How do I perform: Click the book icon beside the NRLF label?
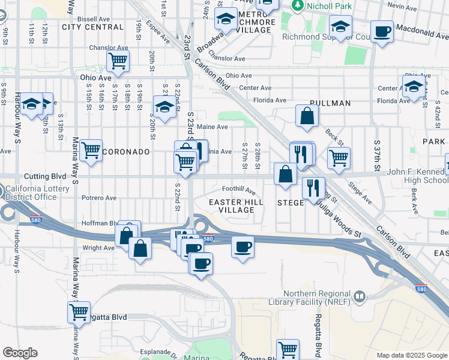pyautogui.click(x=360, y=296)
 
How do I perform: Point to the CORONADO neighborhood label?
pyautogui.click(x=125, y=152)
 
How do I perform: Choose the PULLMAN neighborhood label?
pyautogui.click(x=330, y=103)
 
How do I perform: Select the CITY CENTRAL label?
pyautogui.click(x=92, y=27)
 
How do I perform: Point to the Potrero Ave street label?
pyautogui.click(x=98, y=197)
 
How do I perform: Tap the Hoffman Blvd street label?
pyautogui.click(x=99, y=223)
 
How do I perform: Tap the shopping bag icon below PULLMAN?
pyautogui.click(x=307, y=117)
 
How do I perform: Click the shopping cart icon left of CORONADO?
pyautogui.click(x=91, y=151)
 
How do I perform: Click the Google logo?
pyautogui.click(x=20, y=353)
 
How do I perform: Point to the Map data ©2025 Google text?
pyautogui.click(x=411, y=355)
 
